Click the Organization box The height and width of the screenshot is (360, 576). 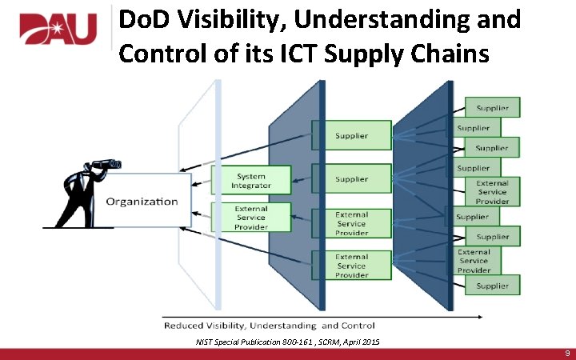pos(142,201)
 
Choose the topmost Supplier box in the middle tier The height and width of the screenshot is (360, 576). pos(351,135)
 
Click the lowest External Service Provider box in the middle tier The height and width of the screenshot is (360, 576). pos(351,266)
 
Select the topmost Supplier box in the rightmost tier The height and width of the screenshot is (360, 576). pos(492,107)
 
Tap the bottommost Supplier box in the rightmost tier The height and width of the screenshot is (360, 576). pos(492,286)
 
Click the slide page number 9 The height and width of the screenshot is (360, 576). pos(566,353)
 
